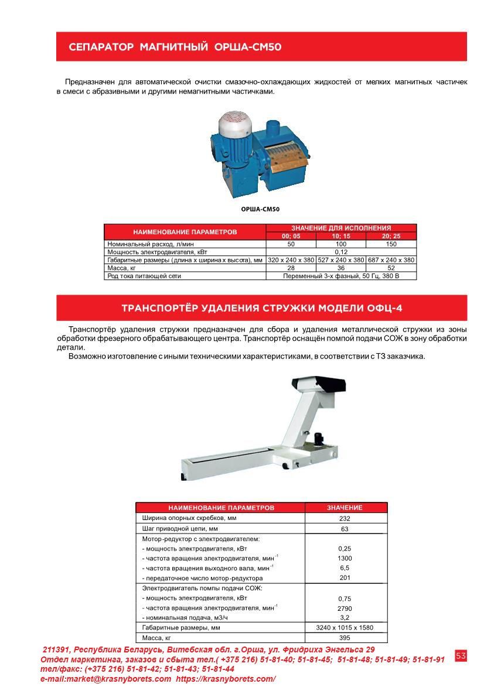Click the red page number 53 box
(461, 656)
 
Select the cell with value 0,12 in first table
(341, 252)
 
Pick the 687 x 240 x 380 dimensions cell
(391, 259)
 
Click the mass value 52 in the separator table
(391, 268)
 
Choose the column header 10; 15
(341, 236)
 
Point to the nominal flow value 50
(291, 244)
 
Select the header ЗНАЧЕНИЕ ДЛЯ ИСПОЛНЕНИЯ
(341, 228)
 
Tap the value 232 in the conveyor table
(345, 519)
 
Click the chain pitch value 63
(345, 529)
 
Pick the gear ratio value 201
(345, 578)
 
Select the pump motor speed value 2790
(345, 608)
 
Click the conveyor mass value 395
(345, 638)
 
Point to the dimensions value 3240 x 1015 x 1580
(345, 627)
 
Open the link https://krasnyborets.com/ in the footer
(226, 679)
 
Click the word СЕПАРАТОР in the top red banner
(101, 47)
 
